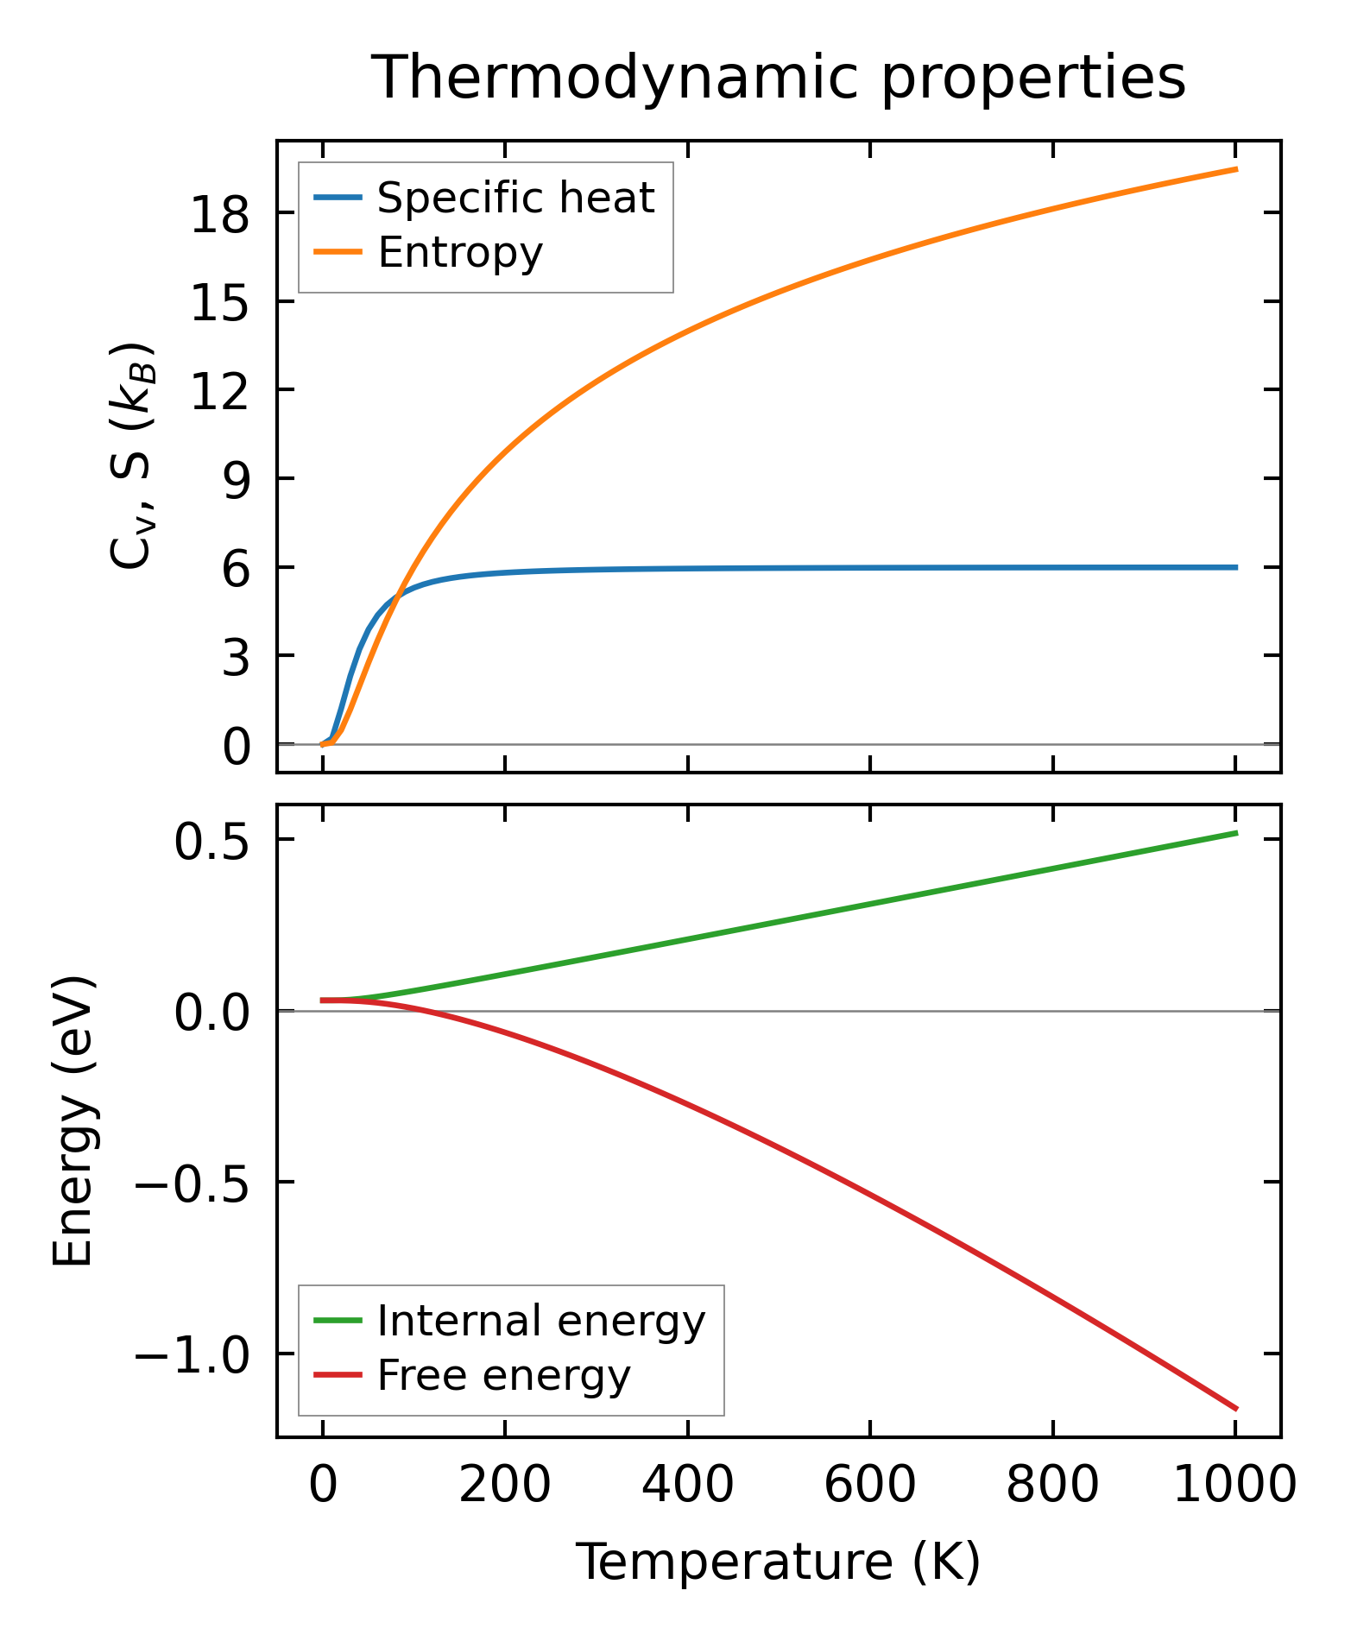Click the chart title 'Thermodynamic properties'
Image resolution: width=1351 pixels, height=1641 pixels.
[778, 78]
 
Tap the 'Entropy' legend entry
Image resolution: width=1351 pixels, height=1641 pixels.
[460, 252]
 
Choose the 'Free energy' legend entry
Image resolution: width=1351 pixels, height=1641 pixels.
[504, 1375]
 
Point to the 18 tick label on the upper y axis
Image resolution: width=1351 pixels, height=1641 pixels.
[219, 215]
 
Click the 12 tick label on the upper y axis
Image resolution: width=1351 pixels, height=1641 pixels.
[219, 392]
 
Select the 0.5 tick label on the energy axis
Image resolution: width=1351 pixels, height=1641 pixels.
[211, 842]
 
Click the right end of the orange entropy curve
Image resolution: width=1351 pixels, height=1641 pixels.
[1236, 169]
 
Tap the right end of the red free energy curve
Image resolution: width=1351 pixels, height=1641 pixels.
[1236, 1409]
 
